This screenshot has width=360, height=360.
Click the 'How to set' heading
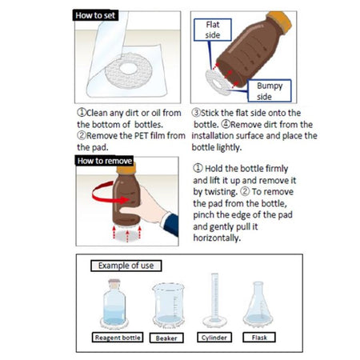click(x=95, y=15)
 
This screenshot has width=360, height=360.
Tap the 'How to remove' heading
click(x=104, y=161)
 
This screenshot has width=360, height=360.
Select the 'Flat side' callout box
click(x=213, y=30)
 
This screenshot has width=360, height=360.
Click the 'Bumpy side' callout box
click(x=270, y=90)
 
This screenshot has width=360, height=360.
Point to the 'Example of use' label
click(x=126, y=266)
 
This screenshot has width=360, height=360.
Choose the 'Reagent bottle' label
click(x=118, y=338)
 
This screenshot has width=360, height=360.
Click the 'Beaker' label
click(x=166, y=338)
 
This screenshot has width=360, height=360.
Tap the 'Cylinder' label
click(x=214, y=338)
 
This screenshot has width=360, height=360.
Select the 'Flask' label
click(x=259, y=338)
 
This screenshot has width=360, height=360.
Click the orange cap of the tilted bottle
click(x=280, y=22)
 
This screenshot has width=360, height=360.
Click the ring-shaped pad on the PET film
click(x=129, y=70)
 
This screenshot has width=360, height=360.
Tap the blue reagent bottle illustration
click(x=114, y=303)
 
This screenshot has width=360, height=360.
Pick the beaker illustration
click(x=168, y=306)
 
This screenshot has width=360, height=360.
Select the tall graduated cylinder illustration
click(x=214, y=300)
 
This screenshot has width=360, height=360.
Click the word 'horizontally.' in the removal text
click(x=217, y=238)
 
